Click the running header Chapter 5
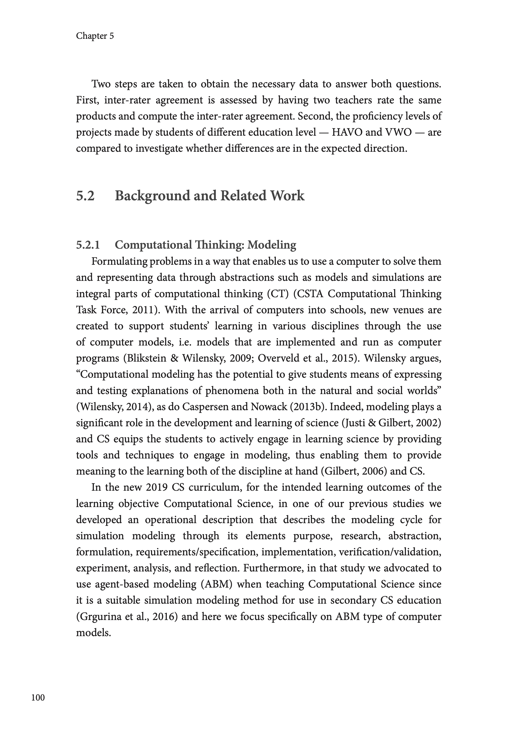pyautogui.click(x=95, y=36)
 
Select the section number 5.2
pyautogui.click(x=85, y=196)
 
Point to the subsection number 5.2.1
pyautogui.click(x=88, y=245)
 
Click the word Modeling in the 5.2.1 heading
pyautogui.click(x=272, y=245)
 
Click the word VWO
pyautogui.click(x=398, y=132)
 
